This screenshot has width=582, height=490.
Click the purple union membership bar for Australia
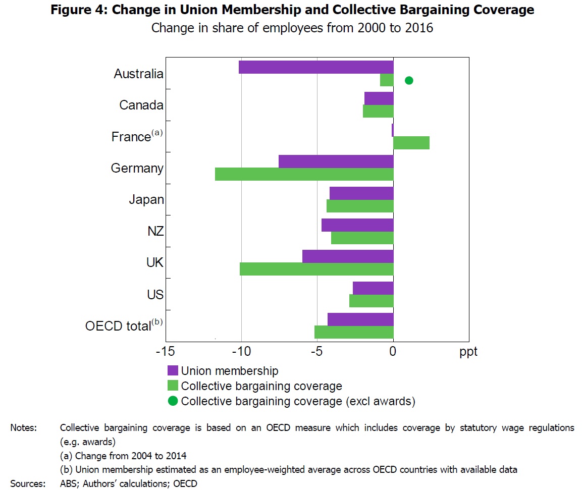point(316,67)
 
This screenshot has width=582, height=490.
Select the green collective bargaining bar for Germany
point(304,174)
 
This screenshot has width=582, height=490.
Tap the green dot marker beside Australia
point(409,80)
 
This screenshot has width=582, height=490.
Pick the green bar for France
point(411,143)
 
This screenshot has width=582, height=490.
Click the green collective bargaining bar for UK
point(316,269)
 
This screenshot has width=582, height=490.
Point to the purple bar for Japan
point(361,193)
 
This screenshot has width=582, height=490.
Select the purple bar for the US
point(373,288)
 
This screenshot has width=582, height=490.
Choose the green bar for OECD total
point(354,332)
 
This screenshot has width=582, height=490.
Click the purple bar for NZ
point(357,225)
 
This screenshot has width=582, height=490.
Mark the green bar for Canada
point(378,111)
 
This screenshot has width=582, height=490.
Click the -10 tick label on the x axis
point(241,351)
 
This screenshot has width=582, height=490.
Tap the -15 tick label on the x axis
point(165,351)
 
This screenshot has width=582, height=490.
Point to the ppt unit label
point(468,352)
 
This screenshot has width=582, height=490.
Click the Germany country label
point(137,168)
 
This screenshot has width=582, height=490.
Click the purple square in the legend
point(173,371)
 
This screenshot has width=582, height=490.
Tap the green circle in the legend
point(173,401)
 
